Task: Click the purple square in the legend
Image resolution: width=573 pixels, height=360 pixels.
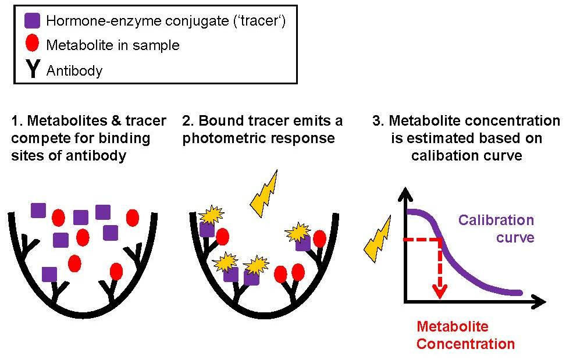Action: tap(33, 21)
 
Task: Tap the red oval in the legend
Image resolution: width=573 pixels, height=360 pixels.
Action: tap(33, 44)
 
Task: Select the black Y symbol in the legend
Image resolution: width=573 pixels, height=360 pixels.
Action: tap(33, 69)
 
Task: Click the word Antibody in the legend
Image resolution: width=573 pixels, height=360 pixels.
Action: tap(74, 71)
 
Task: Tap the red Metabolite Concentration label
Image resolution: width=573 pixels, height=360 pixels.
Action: tap(465, 335)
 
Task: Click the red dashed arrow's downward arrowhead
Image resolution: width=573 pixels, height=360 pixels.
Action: tap(440, 291)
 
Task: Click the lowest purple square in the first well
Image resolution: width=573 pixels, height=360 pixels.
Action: tap(49, 273)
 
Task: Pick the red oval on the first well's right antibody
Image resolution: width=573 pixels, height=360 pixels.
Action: tap(116, 271)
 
